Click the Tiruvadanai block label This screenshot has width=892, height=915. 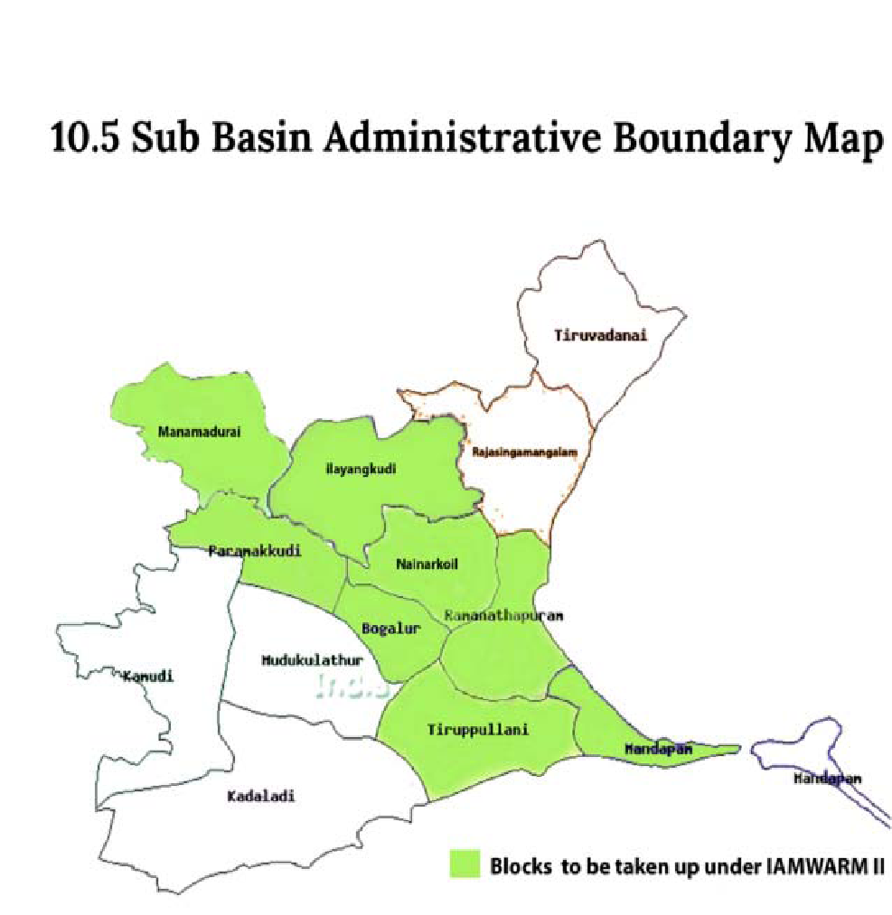pos(602,335)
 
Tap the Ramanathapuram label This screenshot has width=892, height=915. pos(504,615)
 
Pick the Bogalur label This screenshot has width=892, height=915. pos(391,629)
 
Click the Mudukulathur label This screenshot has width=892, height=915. pos(312,660)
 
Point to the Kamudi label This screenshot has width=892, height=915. pos(148,676)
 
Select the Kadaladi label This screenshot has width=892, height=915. pos(261,797)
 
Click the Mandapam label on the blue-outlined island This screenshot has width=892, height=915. pos(827,779)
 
